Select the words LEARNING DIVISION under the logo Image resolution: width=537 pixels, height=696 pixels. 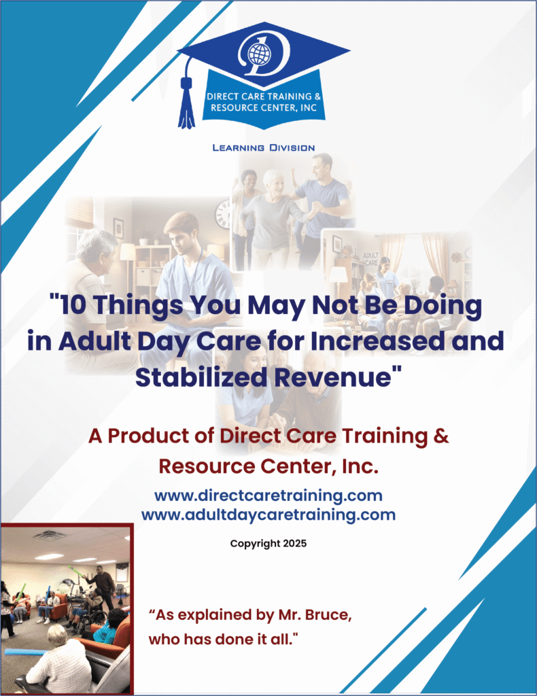point(264,147)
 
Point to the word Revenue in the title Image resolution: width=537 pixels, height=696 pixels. point(332,377)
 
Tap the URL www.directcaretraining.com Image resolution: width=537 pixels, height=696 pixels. point(268,495)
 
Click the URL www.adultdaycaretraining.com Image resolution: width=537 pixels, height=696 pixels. point(268,515)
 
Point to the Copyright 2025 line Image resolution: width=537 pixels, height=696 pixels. point(268,544)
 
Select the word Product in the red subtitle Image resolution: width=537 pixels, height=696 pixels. point(162,436)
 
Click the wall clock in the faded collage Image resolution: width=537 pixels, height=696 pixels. point(223,213)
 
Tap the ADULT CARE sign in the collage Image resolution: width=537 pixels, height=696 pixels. point(371,259)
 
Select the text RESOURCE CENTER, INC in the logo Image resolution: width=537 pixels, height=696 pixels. point(264,108)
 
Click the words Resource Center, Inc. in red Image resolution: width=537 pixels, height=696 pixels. point(268,466)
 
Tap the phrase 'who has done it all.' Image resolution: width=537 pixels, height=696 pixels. point(223,639)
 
